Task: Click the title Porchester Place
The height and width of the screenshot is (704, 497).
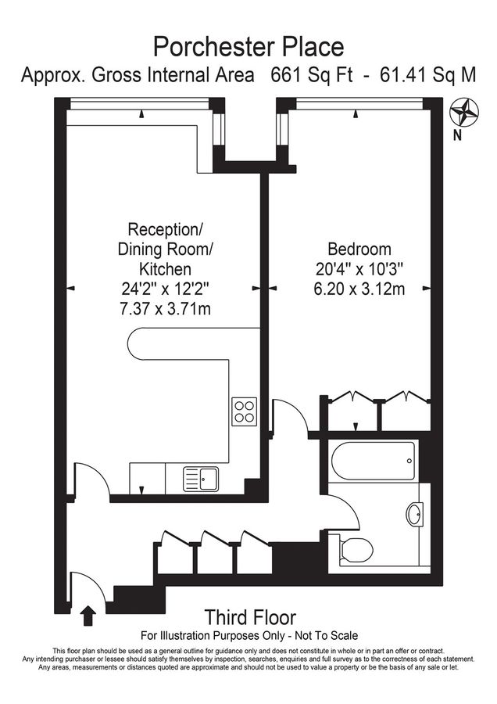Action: coord(248,46)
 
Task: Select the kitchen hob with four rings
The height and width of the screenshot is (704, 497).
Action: coord(244,411)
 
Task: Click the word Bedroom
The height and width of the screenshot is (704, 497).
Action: coord(359,250)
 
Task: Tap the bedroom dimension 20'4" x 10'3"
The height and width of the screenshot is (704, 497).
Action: coord(359,269)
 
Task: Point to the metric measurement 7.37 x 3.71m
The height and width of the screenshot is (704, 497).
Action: coord(165,309)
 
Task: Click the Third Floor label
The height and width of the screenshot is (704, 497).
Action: coord(250,617)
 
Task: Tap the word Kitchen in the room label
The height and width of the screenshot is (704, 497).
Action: coord(165,269)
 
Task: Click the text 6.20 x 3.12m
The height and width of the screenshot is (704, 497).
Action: coord(359,289)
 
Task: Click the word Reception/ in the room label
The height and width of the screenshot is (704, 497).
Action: coord(165,230)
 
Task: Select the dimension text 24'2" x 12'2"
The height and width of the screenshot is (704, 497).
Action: coord(165,289)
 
